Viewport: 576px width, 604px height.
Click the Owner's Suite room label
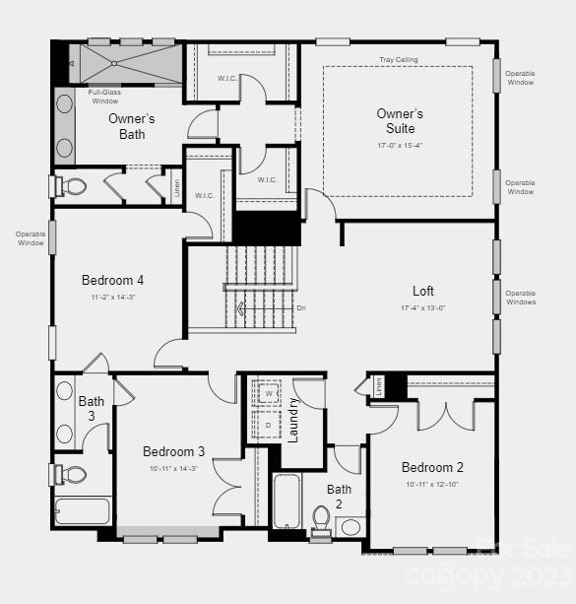click(x=400, y=121)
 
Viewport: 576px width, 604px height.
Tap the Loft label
click(x=422, y=291)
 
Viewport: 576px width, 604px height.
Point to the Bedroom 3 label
click(x=173, y=451)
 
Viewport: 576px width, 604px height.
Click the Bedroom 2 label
click(x=431, y=467)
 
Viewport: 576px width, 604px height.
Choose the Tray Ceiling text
click(x=398, y=60)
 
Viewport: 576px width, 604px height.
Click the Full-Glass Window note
click(x=104, y=96)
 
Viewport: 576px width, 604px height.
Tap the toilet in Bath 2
click(x=321, y=517)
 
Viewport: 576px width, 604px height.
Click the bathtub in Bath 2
click(x=287, y=502)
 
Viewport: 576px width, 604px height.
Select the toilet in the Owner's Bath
click(x=71, y=185)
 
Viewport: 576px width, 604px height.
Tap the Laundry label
click(x=292, y=419)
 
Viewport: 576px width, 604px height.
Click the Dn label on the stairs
click(x=301, y=308)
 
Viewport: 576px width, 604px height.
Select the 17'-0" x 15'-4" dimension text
click(x=400, y=145)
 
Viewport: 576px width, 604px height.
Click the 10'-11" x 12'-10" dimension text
click(x=432, y=484)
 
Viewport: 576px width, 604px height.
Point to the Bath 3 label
click(x=91, y=408)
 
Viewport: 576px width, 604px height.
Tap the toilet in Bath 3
click(x=72, y=474)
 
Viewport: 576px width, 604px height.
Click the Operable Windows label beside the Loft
click(x=521, y=298)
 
